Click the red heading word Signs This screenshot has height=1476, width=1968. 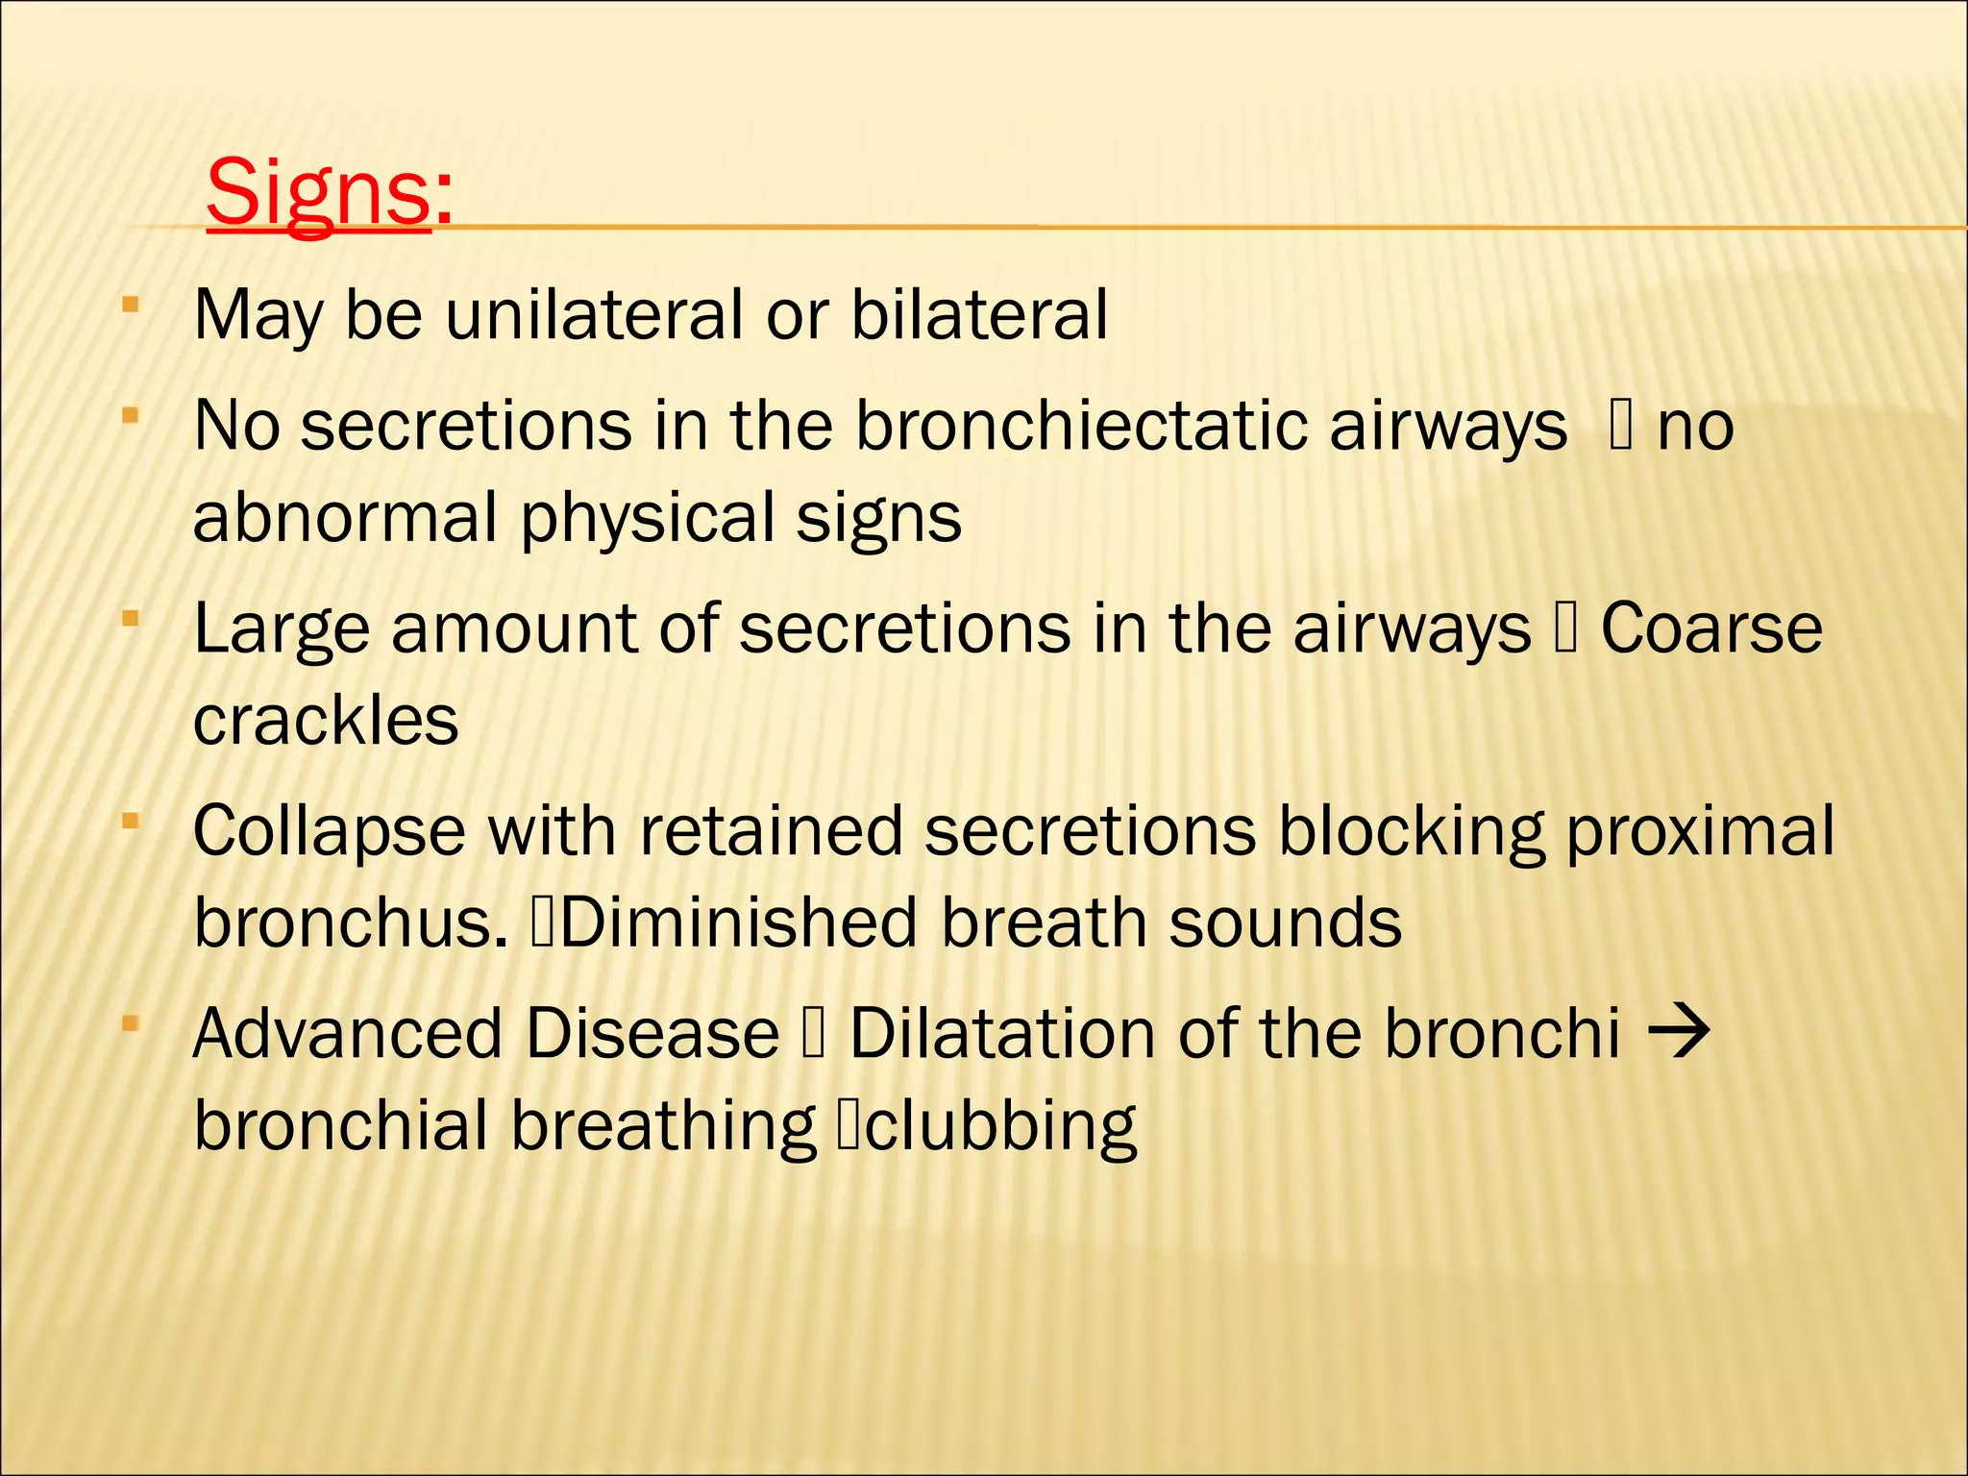pyautogui.click(x=318, y=192)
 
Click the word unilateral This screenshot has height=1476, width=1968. pyautogui.click(x=594, y=314)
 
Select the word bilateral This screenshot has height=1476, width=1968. pyautogui.click(x=979, y=314)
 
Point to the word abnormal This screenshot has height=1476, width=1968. pyautogui.click(x=345, y=517)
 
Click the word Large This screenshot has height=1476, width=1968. pyautogui.click(x=282, y=629)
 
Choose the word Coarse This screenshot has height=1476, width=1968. pyautogui.click(x=1711, y=628)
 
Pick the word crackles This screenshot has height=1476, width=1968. pyautogui.click(x=326, y=721)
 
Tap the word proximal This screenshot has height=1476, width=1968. pyautogui.click(x=1700, y=832)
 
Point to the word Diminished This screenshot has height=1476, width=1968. pyautogui.click(x=737, y=923)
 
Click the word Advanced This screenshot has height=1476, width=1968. pyautogui.click(x=348, y=1034)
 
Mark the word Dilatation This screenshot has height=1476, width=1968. pyautogui.click(x=1002, y=1034)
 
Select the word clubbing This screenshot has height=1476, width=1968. pyautogui.click(x=1000, y=1127)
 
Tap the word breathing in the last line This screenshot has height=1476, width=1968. pyautogui.click(x=663, y=1127)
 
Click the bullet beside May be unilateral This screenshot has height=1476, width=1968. pyautogui.click(x=131, y=307)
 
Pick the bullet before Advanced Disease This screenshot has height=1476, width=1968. pyautogui.click(x=131, y=1026)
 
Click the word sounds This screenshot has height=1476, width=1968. pyautogui.click(x=1285, y=923)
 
